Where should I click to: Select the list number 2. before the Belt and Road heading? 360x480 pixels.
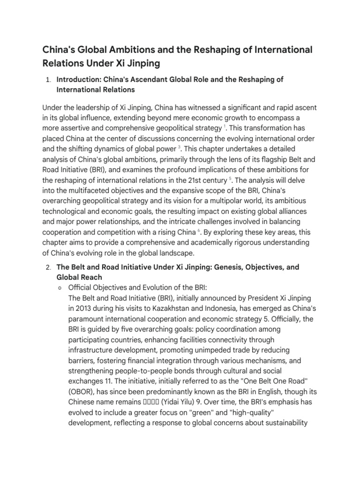[48, 267]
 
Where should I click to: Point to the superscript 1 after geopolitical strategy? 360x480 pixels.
[225, 126]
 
